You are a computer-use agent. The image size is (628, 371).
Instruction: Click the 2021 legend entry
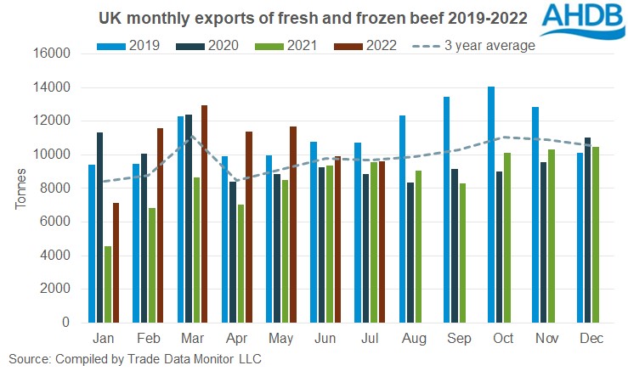[286, 45]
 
